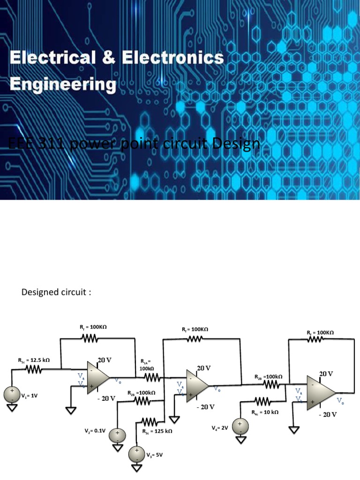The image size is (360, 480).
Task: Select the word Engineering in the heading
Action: point(63,85)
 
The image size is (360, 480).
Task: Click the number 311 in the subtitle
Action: point(48,144)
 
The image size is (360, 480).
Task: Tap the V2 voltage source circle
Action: point(117,434)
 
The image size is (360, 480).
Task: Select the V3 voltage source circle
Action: point(137,453)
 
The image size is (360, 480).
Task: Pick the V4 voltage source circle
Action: point(240,426)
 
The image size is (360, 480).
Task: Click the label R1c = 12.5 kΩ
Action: point(34,360)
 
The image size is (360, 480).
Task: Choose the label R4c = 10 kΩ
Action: point(265,412)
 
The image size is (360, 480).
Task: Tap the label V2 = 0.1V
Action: point(95,430)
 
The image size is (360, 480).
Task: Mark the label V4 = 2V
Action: point(219,428)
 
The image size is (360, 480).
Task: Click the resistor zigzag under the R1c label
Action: point(34,370)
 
